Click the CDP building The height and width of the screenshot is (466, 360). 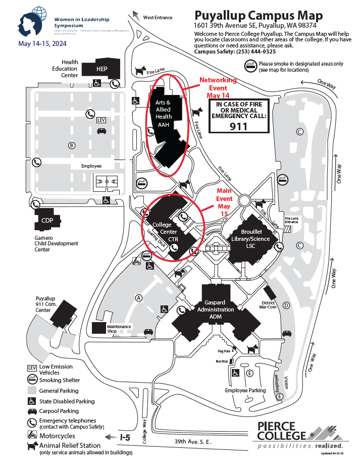pyautogui.click(x=47, y=220)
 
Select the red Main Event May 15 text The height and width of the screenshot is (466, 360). pyautogui.click(x=224, y=202)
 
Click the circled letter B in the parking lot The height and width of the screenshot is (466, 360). pyautogui.click(x=72, y=145)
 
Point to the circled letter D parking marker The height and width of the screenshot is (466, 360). pyautogui.click(x=286, y=305)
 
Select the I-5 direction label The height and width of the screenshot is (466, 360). pyautogui.click(x=125, y=438)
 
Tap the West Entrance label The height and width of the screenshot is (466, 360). pyautogui.click(x=158, y=17)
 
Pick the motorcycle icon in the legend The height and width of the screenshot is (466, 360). pyautogui.click(x=31, y=435)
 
